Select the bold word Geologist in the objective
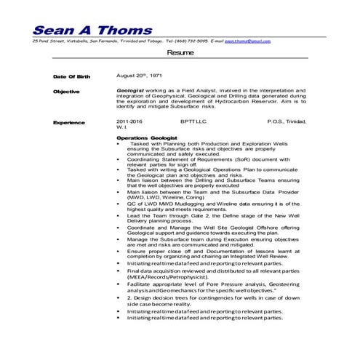(x=131, y=89)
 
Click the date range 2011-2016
(x=129, y=121)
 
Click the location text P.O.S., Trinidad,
(x=292, y=121)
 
